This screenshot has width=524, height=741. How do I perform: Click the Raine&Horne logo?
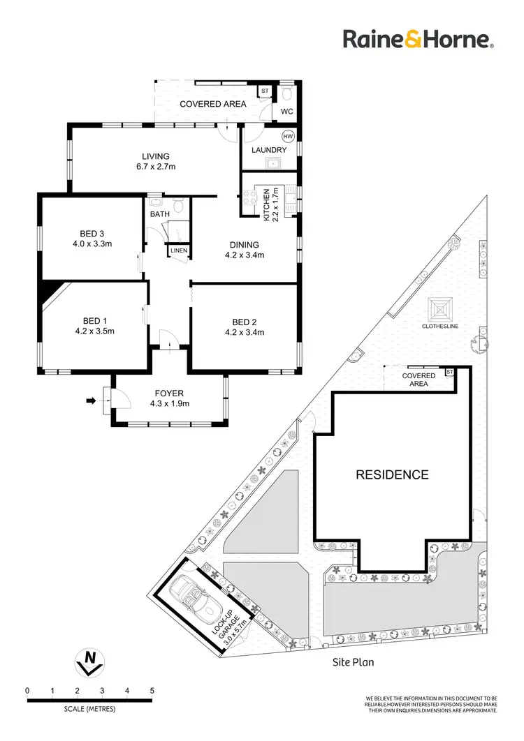point(418,39)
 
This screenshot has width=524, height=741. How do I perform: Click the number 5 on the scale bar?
point(152,691)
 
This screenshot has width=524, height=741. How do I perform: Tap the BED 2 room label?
point(242,322)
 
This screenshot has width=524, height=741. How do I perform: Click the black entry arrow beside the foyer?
point(90,401)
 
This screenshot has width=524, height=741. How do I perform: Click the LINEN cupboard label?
point(178,250)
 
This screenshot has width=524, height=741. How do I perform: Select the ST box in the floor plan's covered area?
point(265,91)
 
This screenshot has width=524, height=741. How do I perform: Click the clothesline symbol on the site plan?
point(439,308)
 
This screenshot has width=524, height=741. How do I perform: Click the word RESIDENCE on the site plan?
point(392,475)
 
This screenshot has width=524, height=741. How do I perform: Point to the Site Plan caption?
point(353,661)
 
